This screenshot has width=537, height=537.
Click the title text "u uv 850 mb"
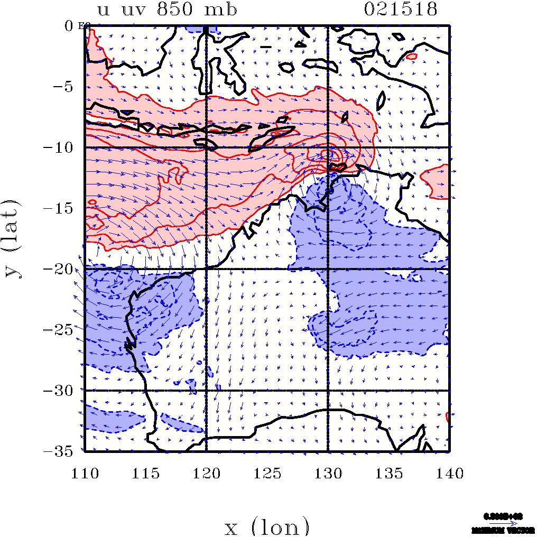167,10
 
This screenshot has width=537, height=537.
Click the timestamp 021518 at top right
400,10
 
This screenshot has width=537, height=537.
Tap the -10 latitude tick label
63,147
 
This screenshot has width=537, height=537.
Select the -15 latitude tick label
63,208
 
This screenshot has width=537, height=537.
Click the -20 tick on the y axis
63,268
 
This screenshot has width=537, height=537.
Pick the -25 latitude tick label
63,329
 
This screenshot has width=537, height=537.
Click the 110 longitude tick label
85,473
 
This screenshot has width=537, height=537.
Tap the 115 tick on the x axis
145,473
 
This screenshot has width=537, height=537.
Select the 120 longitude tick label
206,473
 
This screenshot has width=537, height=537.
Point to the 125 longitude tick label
267,473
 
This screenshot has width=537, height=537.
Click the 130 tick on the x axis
328,473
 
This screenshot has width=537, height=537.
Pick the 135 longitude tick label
389,473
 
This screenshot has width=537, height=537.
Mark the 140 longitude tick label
449,473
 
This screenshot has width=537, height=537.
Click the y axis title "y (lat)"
13,238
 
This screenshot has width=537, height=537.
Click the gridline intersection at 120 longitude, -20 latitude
206,269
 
